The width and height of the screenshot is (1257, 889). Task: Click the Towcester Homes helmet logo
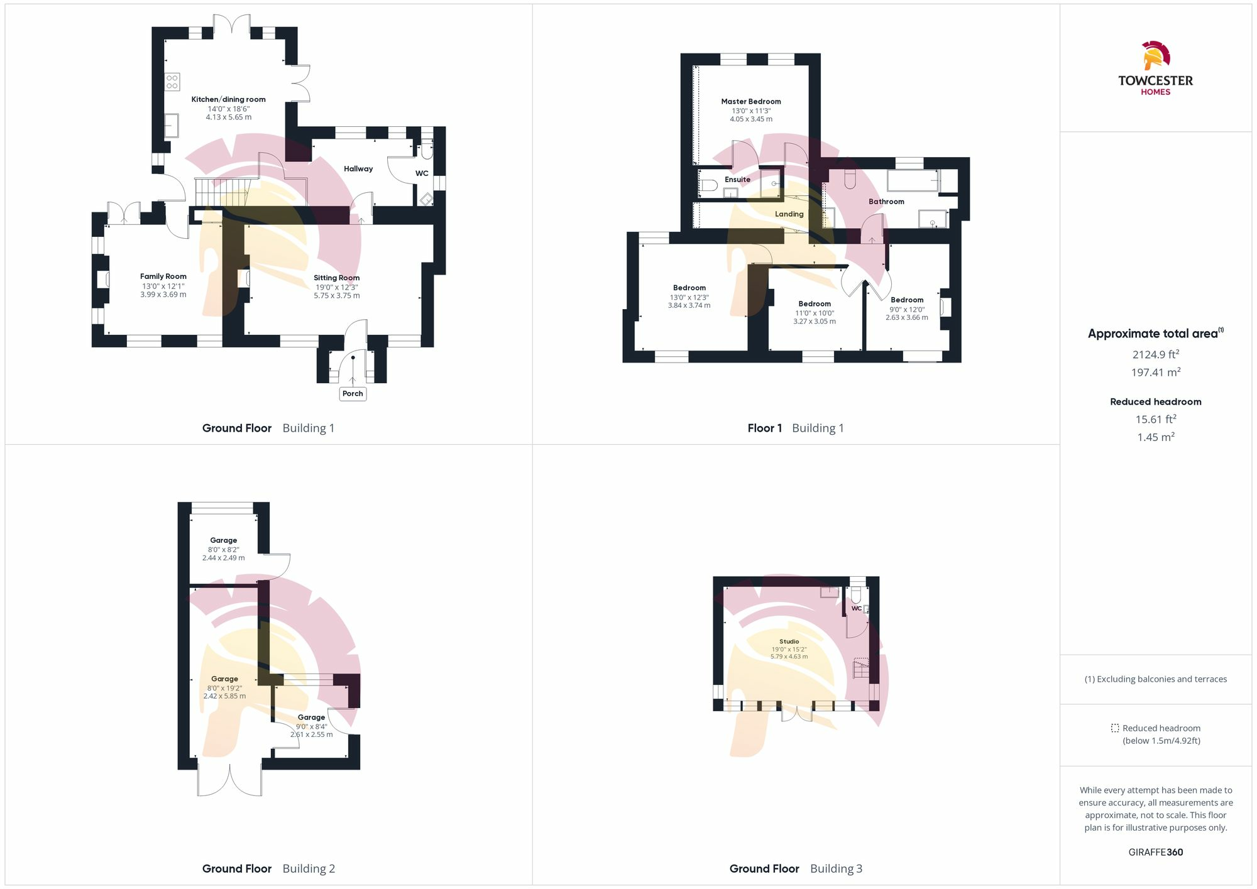click(x=1155, y=56)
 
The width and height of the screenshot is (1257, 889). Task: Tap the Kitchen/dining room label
click(x=228, y=99)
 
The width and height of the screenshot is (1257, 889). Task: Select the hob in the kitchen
click(x=172, y=82)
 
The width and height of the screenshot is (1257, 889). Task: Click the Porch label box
click(x=353, y=393)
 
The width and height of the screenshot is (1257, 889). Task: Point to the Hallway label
click(x=358, y=168)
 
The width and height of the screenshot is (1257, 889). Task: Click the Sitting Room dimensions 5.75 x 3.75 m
click(x=337, y=295)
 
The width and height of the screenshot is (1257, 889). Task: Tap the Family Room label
click(x=163, y=276)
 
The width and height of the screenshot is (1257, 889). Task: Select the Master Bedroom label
click(x=751, y=101)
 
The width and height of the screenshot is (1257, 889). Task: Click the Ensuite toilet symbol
click(x=709, y=185)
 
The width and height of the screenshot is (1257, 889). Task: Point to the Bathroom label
click(x=886, y=202)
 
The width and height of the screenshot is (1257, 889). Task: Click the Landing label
click(x=789, y=214)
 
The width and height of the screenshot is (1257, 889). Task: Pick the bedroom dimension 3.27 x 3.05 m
click(x=815, y=321)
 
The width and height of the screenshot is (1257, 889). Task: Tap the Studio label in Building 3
click(x=789, y=641)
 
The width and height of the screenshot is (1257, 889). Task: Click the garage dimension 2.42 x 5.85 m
click(x=224, y=696)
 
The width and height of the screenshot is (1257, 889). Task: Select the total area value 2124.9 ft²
click(x=1155, y=354)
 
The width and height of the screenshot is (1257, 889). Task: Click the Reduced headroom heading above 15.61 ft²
click(x=1155, y=401)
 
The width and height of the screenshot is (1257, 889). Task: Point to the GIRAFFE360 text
click(x=1155, y=852)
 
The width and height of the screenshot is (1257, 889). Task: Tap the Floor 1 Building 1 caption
click(x=796, y=428)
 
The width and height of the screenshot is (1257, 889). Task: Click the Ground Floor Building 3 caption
click(x=796, y=868)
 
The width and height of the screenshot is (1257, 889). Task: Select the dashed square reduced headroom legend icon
click(x=1115, y=728)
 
